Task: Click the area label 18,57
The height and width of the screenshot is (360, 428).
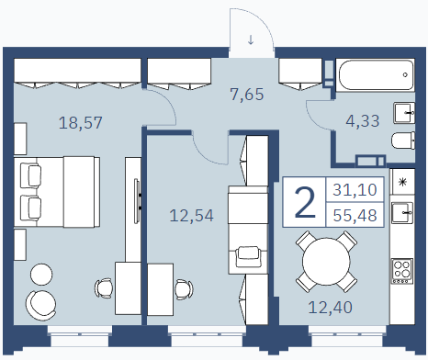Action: (80, 123)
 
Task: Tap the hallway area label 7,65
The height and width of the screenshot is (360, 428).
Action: (247, 94)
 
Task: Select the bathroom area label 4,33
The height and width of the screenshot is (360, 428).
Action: (363, 120)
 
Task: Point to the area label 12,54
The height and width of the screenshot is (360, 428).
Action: (192, 215)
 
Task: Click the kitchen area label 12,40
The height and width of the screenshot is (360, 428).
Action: (331, 307)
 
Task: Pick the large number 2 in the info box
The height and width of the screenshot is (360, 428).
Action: (305, 203)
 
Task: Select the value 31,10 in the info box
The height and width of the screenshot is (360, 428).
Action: (355, 189)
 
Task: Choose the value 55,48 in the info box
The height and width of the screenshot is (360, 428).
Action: (355, 215)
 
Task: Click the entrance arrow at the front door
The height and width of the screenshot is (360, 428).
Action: (251, 39)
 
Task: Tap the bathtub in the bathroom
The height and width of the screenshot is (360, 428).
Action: (376, 74)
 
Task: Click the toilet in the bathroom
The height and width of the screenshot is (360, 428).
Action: (403, 141)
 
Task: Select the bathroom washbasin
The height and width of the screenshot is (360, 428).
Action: (404, 113)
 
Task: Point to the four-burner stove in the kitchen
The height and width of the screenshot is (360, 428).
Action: (402, 271)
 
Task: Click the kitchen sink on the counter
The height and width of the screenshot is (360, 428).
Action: (402, 212)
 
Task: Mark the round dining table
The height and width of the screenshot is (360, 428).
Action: (326, 261)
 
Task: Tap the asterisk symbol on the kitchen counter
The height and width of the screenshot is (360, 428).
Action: (402, 182)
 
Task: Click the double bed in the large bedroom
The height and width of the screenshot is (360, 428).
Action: (57, 192)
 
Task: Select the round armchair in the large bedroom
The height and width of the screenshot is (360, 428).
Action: (40, 306)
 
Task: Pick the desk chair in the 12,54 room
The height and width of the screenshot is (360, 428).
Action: (184, 289)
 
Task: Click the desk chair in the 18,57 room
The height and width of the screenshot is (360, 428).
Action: (104, 288)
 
